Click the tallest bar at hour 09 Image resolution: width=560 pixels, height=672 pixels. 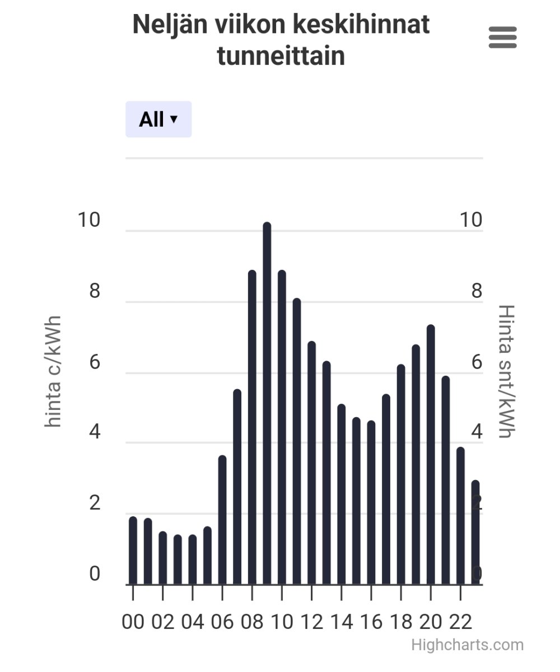click(267, 403)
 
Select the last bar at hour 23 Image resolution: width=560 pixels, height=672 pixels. click(475, 532)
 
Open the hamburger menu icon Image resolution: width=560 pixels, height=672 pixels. click(502, 38)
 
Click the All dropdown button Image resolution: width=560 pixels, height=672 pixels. click(158, 119)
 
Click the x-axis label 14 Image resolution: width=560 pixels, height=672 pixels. click(341, 622)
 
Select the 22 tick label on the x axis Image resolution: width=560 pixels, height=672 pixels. click(460, 622)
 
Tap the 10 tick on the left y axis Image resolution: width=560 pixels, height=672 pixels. click(89, 220)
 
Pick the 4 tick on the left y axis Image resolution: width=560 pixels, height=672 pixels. click(94, 433)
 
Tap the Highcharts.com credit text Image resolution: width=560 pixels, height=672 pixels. click(467, 645)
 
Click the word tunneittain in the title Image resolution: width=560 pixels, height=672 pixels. click(281, 57)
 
